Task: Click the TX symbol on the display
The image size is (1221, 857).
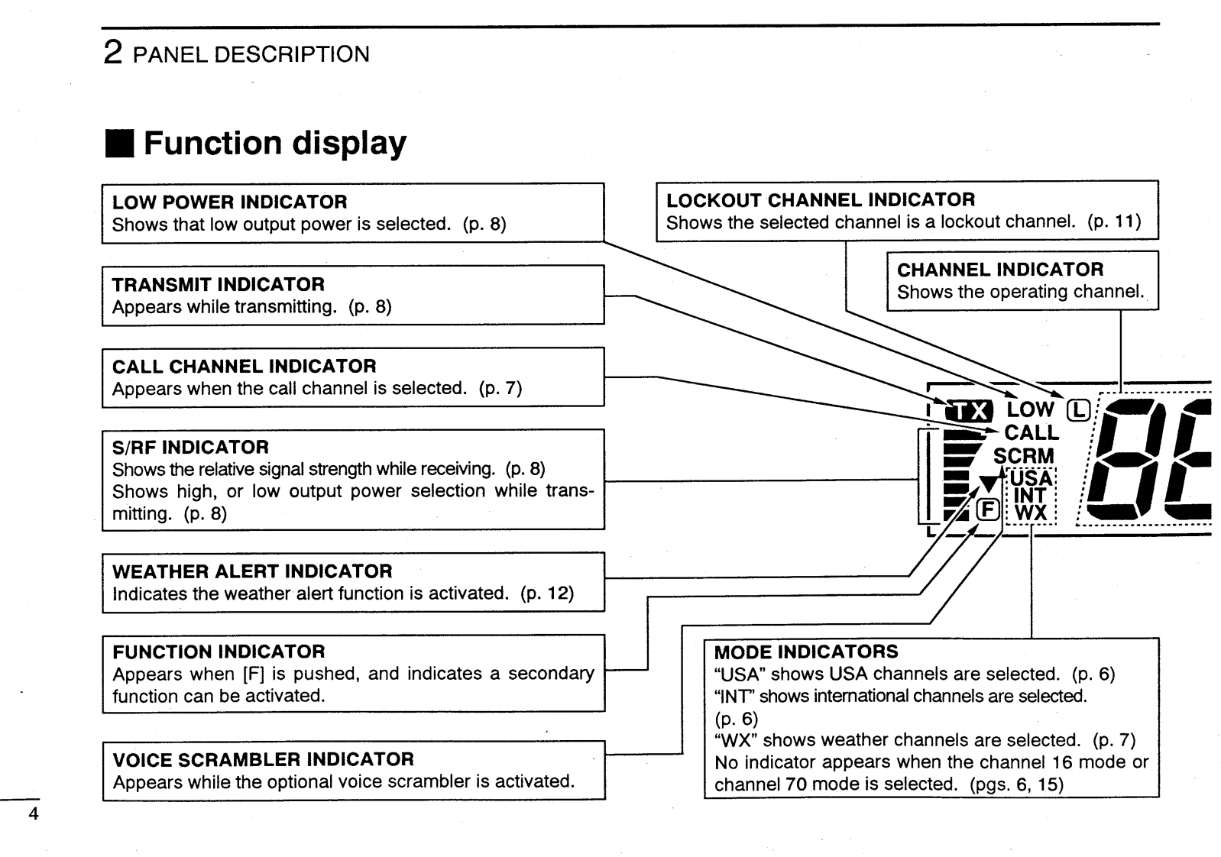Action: (968, 412)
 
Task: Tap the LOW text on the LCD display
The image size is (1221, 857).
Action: (1029, 409)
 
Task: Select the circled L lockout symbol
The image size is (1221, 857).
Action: (1078, 410)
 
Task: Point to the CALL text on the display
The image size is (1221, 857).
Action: (1032, 432)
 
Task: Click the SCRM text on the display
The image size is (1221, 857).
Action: (1024, 456)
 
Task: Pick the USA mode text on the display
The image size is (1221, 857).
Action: (1032, 478)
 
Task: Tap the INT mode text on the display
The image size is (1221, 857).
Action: (1030, 496)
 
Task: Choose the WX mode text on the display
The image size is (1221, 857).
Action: (1031, 513)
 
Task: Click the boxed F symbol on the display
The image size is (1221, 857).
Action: (988, 509)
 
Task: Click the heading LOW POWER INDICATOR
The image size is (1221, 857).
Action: (229, 202)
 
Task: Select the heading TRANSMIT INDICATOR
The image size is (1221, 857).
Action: (219, 285)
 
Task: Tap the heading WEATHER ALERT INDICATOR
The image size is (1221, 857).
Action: (252, 571)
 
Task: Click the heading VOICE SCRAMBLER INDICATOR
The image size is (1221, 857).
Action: (264, 760)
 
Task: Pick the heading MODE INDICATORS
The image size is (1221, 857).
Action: (806, 652)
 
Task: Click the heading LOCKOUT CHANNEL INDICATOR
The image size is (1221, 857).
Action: (821, 200)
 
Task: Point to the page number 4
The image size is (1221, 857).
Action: (32, 813)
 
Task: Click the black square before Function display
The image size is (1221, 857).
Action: (120, 144)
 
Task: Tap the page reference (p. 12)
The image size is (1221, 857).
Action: (547, 593)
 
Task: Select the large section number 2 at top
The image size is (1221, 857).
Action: (112, 53)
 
